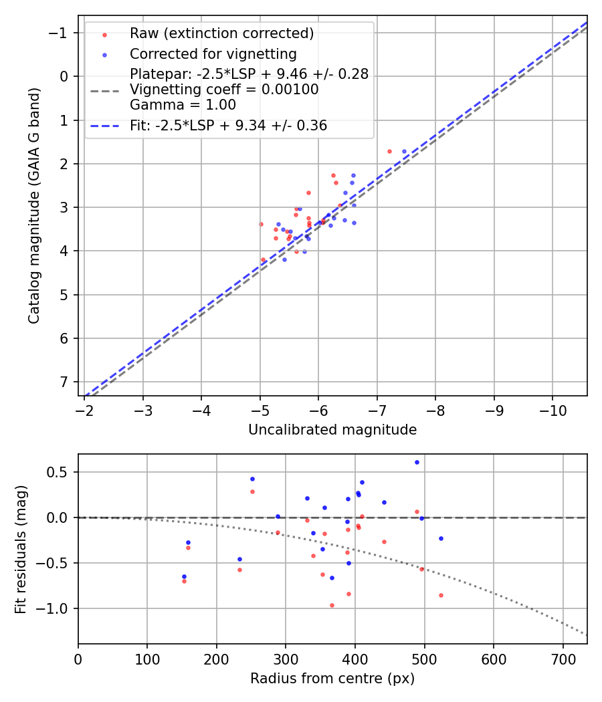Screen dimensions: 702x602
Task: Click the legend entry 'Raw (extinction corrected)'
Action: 221,33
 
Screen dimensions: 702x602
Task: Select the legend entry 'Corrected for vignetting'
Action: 213,53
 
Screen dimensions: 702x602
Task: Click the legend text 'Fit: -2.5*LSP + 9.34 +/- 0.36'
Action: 228,126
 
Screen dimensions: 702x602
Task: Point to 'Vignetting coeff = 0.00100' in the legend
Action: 224,90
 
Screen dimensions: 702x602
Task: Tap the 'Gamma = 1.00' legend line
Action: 183,105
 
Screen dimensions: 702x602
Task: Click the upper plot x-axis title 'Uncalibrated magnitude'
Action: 332,430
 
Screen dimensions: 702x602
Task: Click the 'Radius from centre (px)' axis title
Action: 332,679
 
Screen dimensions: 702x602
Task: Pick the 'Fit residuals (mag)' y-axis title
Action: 21,549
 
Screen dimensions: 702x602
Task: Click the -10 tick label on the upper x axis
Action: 553,410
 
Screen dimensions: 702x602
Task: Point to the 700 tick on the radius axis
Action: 563,658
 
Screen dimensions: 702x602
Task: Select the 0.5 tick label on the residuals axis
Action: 60,472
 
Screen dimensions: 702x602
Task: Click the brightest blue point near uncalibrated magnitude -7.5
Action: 404,152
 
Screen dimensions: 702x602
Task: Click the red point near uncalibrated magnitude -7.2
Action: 389,152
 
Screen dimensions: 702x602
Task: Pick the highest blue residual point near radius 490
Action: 417,462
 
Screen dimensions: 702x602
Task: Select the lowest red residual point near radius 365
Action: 332,605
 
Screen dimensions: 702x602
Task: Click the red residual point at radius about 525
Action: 441,595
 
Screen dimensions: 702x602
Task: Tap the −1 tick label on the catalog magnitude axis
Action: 61,33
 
